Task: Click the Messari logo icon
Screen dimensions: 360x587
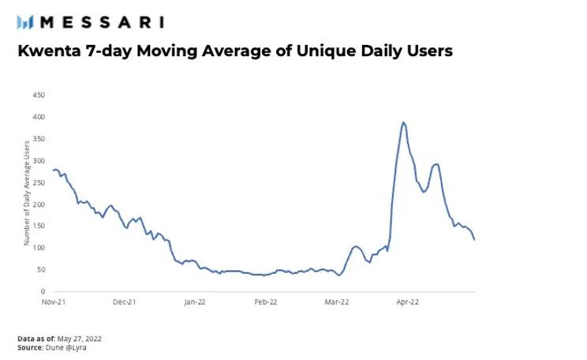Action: point(24,21)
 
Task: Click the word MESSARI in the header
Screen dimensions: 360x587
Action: point(102,21)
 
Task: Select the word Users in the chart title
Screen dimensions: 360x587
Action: point(427,51)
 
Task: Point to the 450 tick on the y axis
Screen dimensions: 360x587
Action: point(39,96)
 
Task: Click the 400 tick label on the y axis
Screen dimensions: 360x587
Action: point(39,117)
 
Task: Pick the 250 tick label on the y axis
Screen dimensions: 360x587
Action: point(39,182)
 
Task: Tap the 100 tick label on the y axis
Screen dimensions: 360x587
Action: point(39,248)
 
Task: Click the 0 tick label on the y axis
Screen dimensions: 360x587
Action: point(43,291)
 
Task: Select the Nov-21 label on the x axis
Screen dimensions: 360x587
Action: point(53,302)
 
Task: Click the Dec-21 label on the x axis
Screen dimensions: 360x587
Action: point(124,302)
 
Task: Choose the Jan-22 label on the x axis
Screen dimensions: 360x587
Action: point(195,302)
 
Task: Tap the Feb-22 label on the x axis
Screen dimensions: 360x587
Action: point(266,302)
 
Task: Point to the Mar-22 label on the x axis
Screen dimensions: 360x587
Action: point(337,302)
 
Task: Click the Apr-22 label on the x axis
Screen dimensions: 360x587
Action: point(407,302)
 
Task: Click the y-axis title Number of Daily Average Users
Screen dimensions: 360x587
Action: point(26,193)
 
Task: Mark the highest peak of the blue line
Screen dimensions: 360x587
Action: point(403,122)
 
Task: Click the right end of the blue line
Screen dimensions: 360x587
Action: point(474,239)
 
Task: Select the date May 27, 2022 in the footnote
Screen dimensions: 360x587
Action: point(80,339)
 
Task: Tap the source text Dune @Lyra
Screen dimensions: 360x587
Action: point(65,347)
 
